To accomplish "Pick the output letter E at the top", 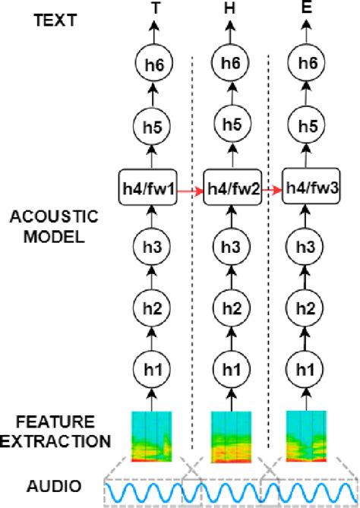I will pos(308,9).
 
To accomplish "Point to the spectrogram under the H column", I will pos(229,436).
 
